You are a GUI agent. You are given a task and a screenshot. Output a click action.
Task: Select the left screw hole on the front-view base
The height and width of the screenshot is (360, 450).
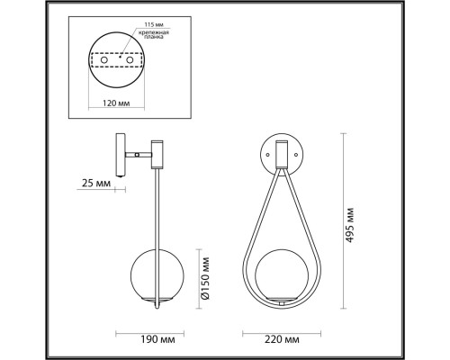pyautogui.click(x=266, y=154)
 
